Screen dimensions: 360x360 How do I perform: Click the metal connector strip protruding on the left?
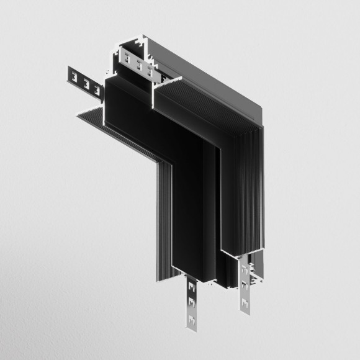pos(83,80)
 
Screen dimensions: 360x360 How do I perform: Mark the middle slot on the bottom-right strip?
pos(245,289)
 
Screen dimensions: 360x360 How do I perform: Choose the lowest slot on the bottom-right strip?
pos(245,305)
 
